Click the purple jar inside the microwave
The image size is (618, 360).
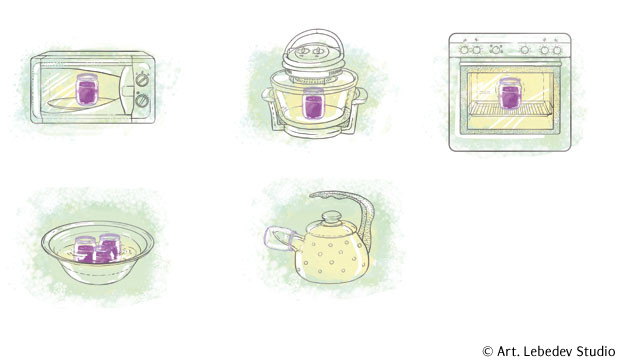coord(87,90)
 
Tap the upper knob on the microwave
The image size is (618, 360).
coord(142,80)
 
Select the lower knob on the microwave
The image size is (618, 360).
coord(142,101)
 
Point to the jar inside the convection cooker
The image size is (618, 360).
coord(313,103)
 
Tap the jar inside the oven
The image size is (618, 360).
coord(510,93)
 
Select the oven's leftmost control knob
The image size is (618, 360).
coord(465,50)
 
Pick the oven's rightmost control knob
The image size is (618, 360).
coord(557,50)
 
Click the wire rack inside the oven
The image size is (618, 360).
coord(512,108)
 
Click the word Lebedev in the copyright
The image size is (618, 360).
coord(547,351)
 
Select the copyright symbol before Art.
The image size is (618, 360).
coord(488,351)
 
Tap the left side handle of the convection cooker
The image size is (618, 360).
coord(268,95)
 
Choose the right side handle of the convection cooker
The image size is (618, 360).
coord(361,96)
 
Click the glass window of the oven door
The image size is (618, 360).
coord(511,101)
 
